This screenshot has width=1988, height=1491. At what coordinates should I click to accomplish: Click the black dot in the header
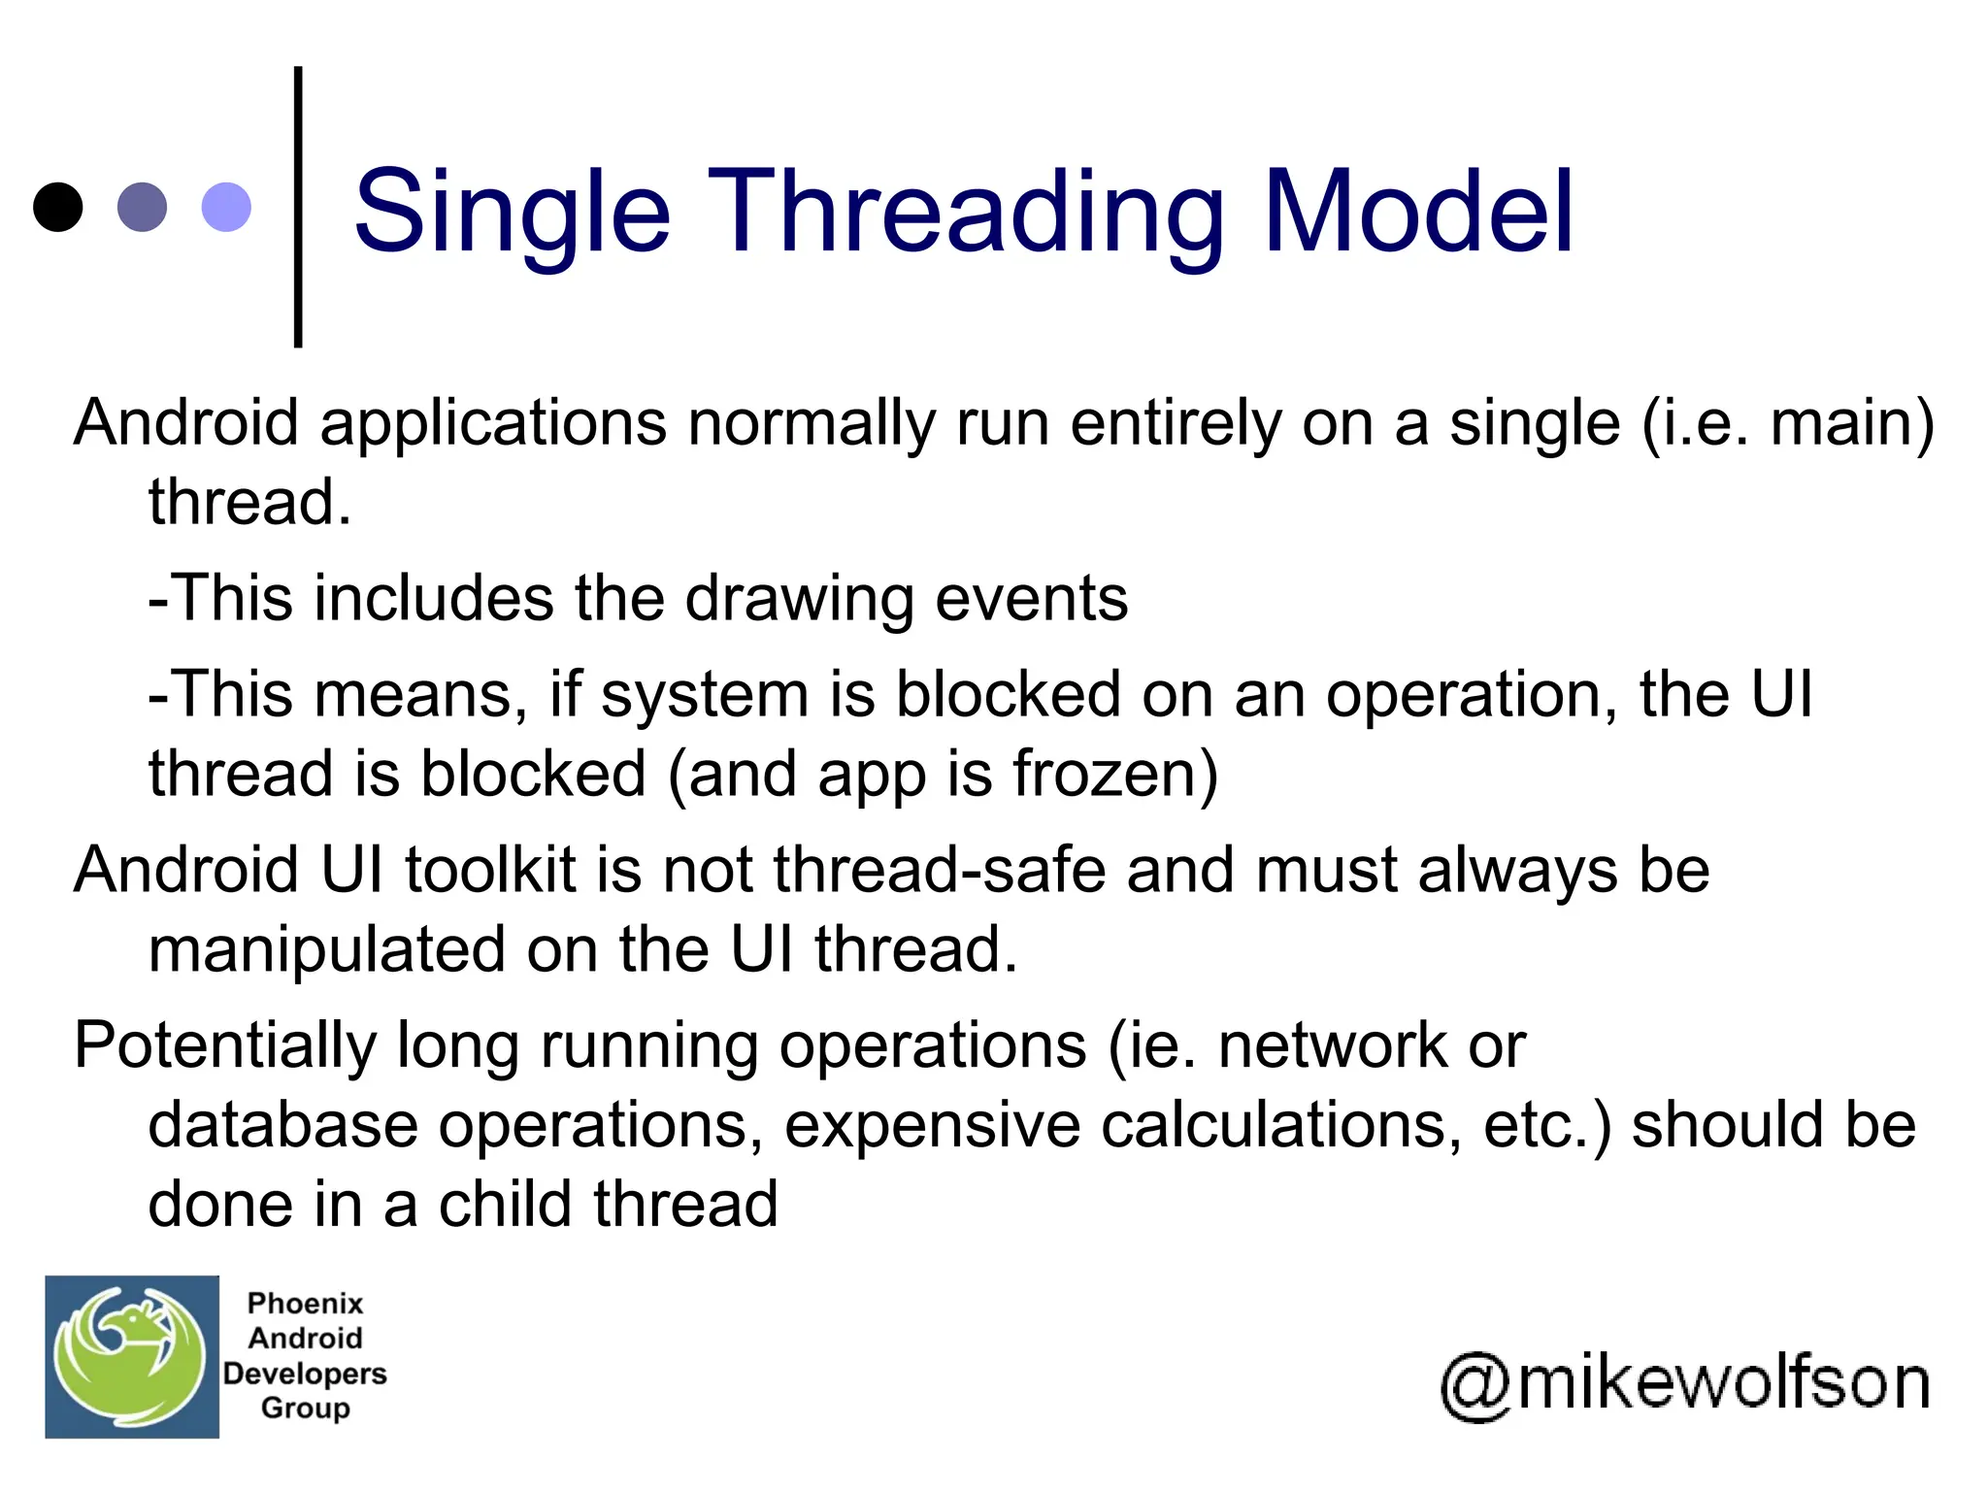57,207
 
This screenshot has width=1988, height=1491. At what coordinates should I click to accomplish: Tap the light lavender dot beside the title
226,207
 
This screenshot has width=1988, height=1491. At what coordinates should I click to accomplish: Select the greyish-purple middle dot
142,207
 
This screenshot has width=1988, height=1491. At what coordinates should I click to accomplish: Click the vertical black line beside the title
298,207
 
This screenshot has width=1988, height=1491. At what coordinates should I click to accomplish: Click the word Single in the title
512,212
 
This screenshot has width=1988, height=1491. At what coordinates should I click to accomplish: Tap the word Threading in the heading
966,212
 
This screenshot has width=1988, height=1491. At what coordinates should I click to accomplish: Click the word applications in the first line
493,424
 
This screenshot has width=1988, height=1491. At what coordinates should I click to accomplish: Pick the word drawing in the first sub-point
799,598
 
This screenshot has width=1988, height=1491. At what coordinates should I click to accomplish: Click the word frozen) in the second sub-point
1115,775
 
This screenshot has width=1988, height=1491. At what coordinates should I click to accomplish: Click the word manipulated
326,949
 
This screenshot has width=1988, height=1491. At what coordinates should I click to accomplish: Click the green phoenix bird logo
132,1356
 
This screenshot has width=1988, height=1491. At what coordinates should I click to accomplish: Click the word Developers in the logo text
305,1374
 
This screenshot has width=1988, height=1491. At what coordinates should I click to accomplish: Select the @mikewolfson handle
1685,1384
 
